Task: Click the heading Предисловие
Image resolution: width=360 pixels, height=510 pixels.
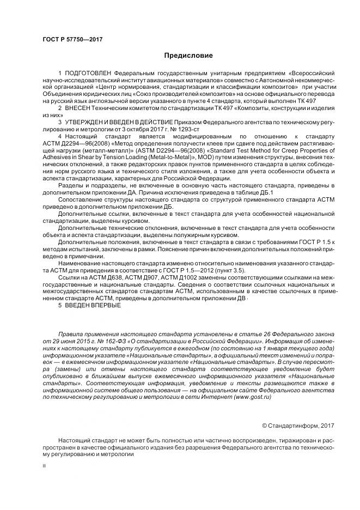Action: coord(188,56)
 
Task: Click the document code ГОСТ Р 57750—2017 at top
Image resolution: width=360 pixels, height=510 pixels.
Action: coord(72,39)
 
